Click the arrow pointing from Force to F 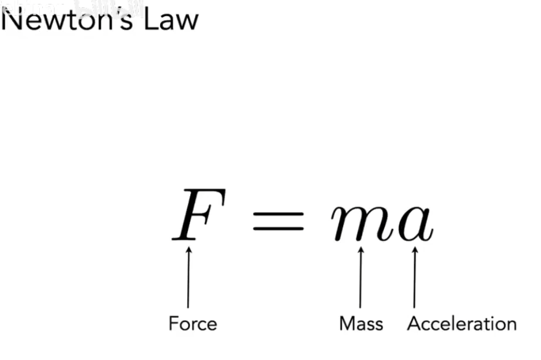tap(188, 277)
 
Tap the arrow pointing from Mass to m tap(360, 277)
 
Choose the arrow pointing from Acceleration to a tap(414, 277)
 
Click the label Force tap(192, 324)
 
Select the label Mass tap(361, 324)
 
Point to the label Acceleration tap(462, 324)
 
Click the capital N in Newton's tap(11, 20)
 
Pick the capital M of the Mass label tap(347, 324)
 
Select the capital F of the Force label tap(173, 324)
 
